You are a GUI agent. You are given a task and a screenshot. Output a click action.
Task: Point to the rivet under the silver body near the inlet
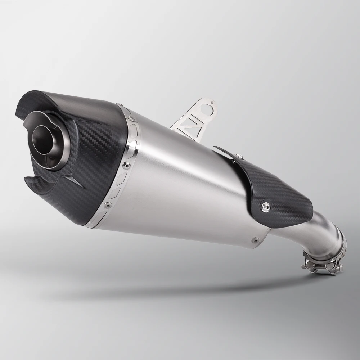tap(255, 239)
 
